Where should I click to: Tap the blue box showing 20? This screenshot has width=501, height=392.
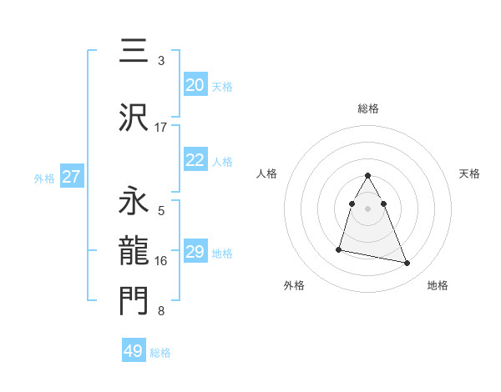tap(195, 85)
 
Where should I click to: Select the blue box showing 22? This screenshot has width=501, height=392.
tap(195, 160)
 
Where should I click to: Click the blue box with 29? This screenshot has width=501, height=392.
tap(195, 252)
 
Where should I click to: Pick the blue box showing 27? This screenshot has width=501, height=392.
tap(72, 177)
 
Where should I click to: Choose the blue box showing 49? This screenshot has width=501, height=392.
tap(134, 351)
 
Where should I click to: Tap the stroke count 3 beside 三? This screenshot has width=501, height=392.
tap(160, 61)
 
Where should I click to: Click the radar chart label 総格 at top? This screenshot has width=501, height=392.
tap(368, 108)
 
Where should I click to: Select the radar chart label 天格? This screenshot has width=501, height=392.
tap(469, 173)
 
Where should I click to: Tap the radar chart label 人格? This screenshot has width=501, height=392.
tap(267, 173)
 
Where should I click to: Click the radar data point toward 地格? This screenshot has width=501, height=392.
tap(407, 264)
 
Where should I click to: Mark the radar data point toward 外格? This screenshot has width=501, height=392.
tap(339, 249)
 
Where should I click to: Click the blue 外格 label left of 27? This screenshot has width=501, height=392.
tap(44, 178)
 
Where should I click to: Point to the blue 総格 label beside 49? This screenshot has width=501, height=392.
tap(160, 352)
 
